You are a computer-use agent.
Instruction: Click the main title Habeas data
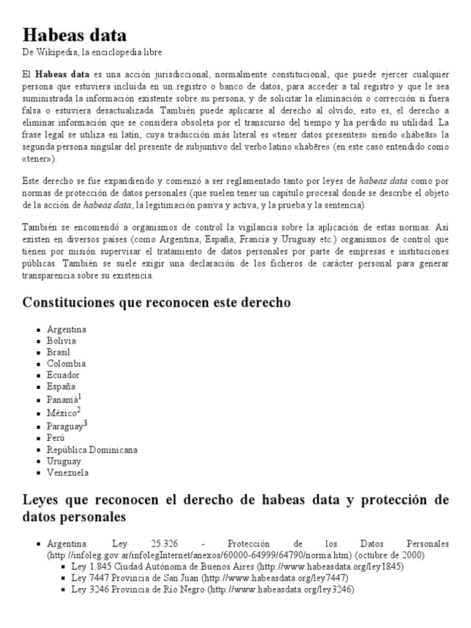click(x=75, y=34)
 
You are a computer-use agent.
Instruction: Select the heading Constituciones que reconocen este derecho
click(x=156, y=303)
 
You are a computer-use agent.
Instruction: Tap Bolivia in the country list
click(x=61, y=341)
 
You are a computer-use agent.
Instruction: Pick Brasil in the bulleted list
click(x=58, y=352)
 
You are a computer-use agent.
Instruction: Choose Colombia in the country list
click(x=66, y=364)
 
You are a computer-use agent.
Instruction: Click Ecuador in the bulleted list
click(x=63, y=375)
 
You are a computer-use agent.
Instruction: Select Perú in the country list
click(x=56, y=438)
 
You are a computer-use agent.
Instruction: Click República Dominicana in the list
click(x=92, y=450)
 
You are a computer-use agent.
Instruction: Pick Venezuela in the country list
click(x=67, y=473)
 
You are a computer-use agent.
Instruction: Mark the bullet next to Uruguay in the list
click(x=39, y=461)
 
